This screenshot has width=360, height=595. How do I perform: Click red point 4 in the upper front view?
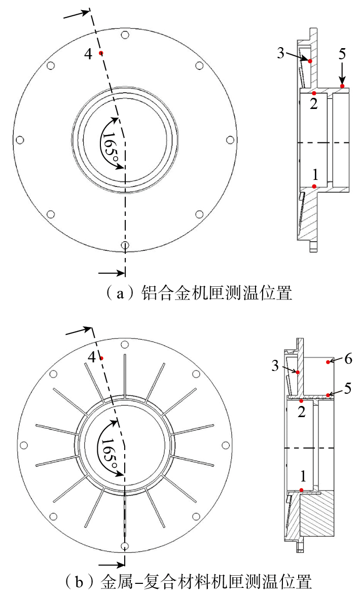(100, 53)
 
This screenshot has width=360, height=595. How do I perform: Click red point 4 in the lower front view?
(101, 358)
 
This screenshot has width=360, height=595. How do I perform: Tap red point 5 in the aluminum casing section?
(342, 86)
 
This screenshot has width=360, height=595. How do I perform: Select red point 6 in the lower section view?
(328, 362)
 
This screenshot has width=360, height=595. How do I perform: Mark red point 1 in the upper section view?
(314, 186)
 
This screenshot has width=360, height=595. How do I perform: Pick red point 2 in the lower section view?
(302, 401)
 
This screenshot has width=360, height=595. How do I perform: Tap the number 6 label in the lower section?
(348, 358)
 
